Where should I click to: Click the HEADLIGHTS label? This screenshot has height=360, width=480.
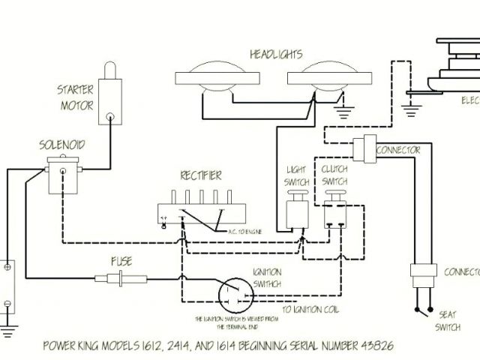click(x=275, y=54)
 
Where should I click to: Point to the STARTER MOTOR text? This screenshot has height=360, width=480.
click(x=76, y=98)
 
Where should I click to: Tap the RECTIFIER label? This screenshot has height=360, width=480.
click(x=199, y=176)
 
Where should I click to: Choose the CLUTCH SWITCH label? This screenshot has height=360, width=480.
click(x=334, y=175)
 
